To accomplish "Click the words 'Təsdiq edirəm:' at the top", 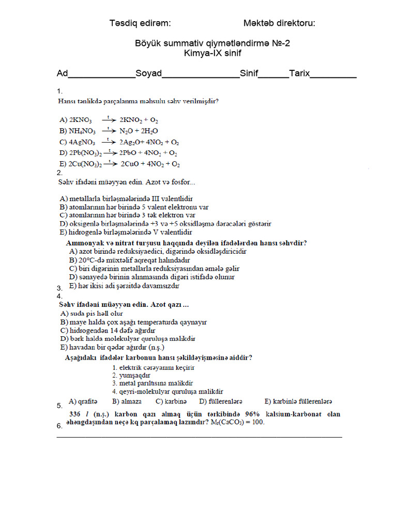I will [140, 23].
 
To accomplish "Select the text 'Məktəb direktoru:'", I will [279, 23].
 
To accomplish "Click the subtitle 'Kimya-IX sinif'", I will [212, 53].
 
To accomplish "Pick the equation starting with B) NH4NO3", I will [109, 131].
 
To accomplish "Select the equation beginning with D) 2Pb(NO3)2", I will [118, 153].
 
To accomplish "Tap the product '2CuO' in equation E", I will [131, 164].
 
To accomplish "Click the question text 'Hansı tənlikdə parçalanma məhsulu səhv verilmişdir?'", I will [138, 101].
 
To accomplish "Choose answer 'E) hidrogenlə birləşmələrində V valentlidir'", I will [126, 232].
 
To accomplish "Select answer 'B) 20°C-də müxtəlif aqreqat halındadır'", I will [129, 260].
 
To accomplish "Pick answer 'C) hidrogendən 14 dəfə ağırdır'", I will [108, 330].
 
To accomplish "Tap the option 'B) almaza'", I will [127, 401].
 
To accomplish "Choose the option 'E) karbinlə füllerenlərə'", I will [298, 401].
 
